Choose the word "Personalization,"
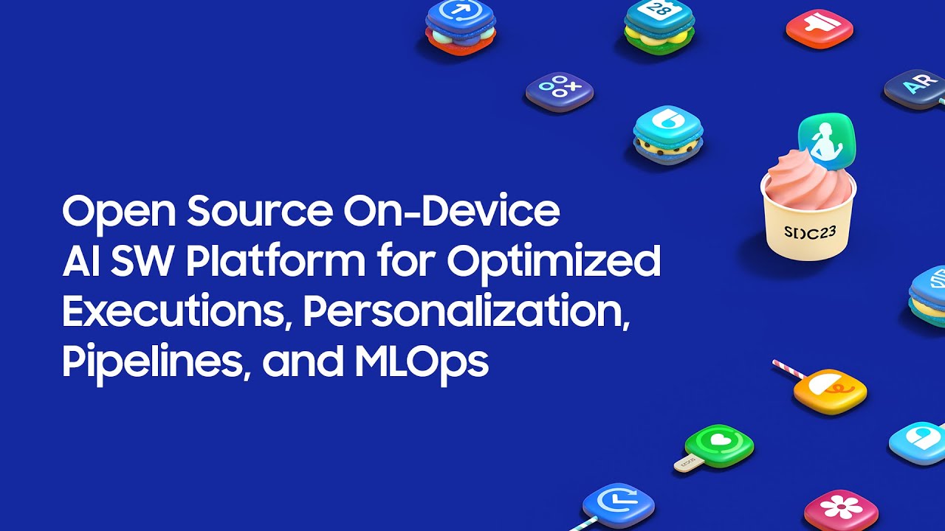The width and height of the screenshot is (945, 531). point(466,312)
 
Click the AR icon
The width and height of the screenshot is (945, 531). point(914,88)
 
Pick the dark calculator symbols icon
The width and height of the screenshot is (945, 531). point(559,90)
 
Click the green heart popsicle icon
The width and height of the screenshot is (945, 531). point(718,443)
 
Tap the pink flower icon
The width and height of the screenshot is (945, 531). point(840,509)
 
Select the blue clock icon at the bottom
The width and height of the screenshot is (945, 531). point(618,504)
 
